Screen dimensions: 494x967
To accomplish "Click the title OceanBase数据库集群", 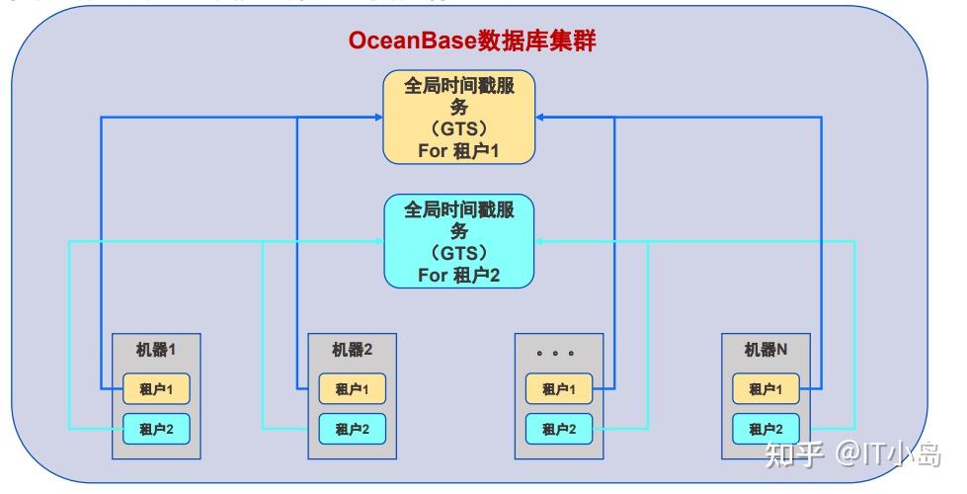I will pyautogui.click(x=473, y=41).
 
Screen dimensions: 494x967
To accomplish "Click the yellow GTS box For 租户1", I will pyautogui.click(x=459, y=118).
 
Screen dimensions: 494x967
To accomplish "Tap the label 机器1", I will pyautogui.click(x=156, y=350).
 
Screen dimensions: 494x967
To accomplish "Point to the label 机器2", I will pyautogui.click(x=352, y=350).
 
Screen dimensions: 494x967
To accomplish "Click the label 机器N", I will pyautogui.click(x=766, y=350).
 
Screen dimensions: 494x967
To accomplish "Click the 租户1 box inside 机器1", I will pyautogui.click(x=156, y=389).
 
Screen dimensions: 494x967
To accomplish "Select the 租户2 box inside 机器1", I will pyautogui.click(x=156, y=429).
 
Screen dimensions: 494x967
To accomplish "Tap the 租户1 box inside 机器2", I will pyautogui.click(x=352, y=389).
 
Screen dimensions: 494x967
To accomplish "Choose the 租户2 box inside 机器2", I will pyautogui.click(x=352, y=429).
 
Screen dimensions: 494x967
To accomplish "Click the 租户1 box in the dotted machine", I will pyautogui.click(x=559, y=389).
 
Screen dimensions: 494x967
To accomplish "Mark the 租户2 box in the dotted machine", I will pyautogui.click(x=559, y=429).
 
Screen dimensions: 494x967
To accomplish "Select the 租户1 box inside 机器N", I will pyautogui.click(x=766, y=389).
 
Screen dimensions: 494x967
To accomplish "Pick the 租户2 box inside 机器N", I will pyautogui.click(x=766, y=429).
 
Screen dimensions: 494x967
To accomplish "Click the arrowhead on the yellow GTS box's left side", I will pyautogui.click(x=378, y=118).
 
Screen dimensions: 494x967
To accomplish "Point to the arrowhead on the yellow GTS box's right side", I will pyautogui.click(x=539, y=118).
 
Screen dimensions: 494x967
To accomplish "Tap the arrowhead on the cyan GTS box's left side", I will pyautogui.click(x=379, y=240).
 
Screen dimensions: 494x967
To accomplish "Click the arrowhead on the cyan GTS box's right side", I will pyautogui.click(x=539, y=240).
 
